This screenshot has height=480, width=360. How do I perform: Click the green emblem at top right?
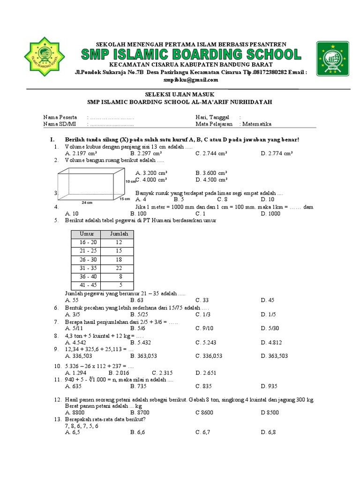332,58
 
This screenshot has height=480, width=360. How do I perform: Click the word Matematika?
257,124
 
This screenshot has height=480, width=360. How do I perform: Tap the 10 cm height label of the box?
130,181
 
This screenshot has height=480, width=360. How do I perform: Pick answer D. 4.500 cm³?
211,180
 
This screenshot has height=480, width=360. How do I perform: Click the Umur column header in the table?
87,234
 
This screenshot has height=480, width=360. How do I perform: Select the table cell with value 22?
119,268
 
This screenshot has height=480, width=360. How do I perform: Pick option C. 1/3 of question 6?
203,314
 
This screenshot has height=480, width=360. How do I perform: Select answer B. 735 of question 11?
139,386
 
